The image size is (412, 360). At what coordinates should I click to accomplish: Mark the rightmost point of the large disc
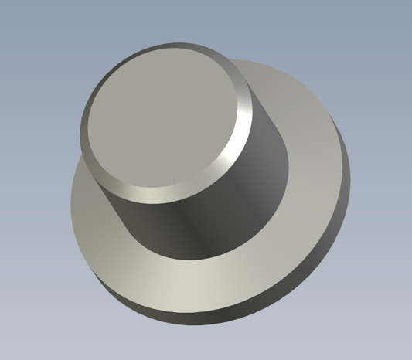click(349, 166)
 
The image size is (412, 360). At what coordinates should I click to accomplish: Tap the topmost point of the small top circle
click(174, 48)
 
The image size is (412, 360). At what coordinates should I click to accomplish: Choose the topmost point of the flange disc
click(255, 59)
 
